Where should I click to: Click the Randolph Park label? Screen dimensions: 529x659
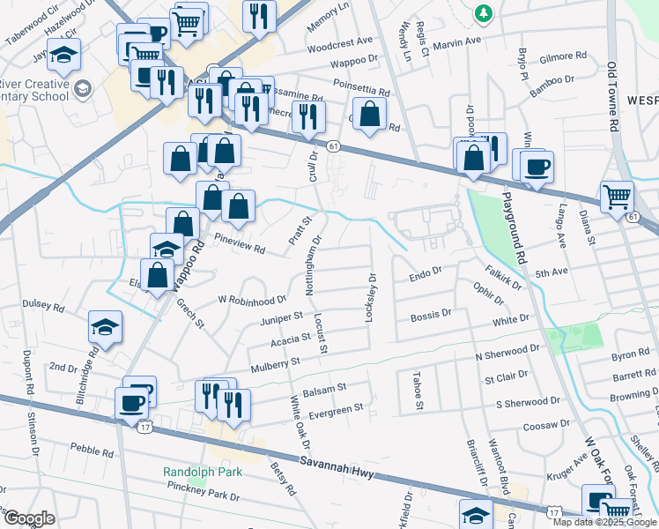click(202, 472)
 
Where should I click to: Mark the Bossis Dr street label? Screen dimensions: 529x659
click(432, 313)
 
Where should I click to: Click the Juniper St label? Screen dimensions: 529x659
click(281, 317)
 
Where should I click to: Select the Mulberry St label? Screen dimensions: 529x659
click(275, 361)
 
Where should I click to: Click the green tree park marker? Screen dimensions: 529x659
click(483, 12)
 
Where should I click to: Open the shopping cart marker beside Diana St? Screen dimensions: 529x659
click(617, 197)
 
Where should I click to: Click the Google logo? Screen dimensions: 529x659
click(29, 518)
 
